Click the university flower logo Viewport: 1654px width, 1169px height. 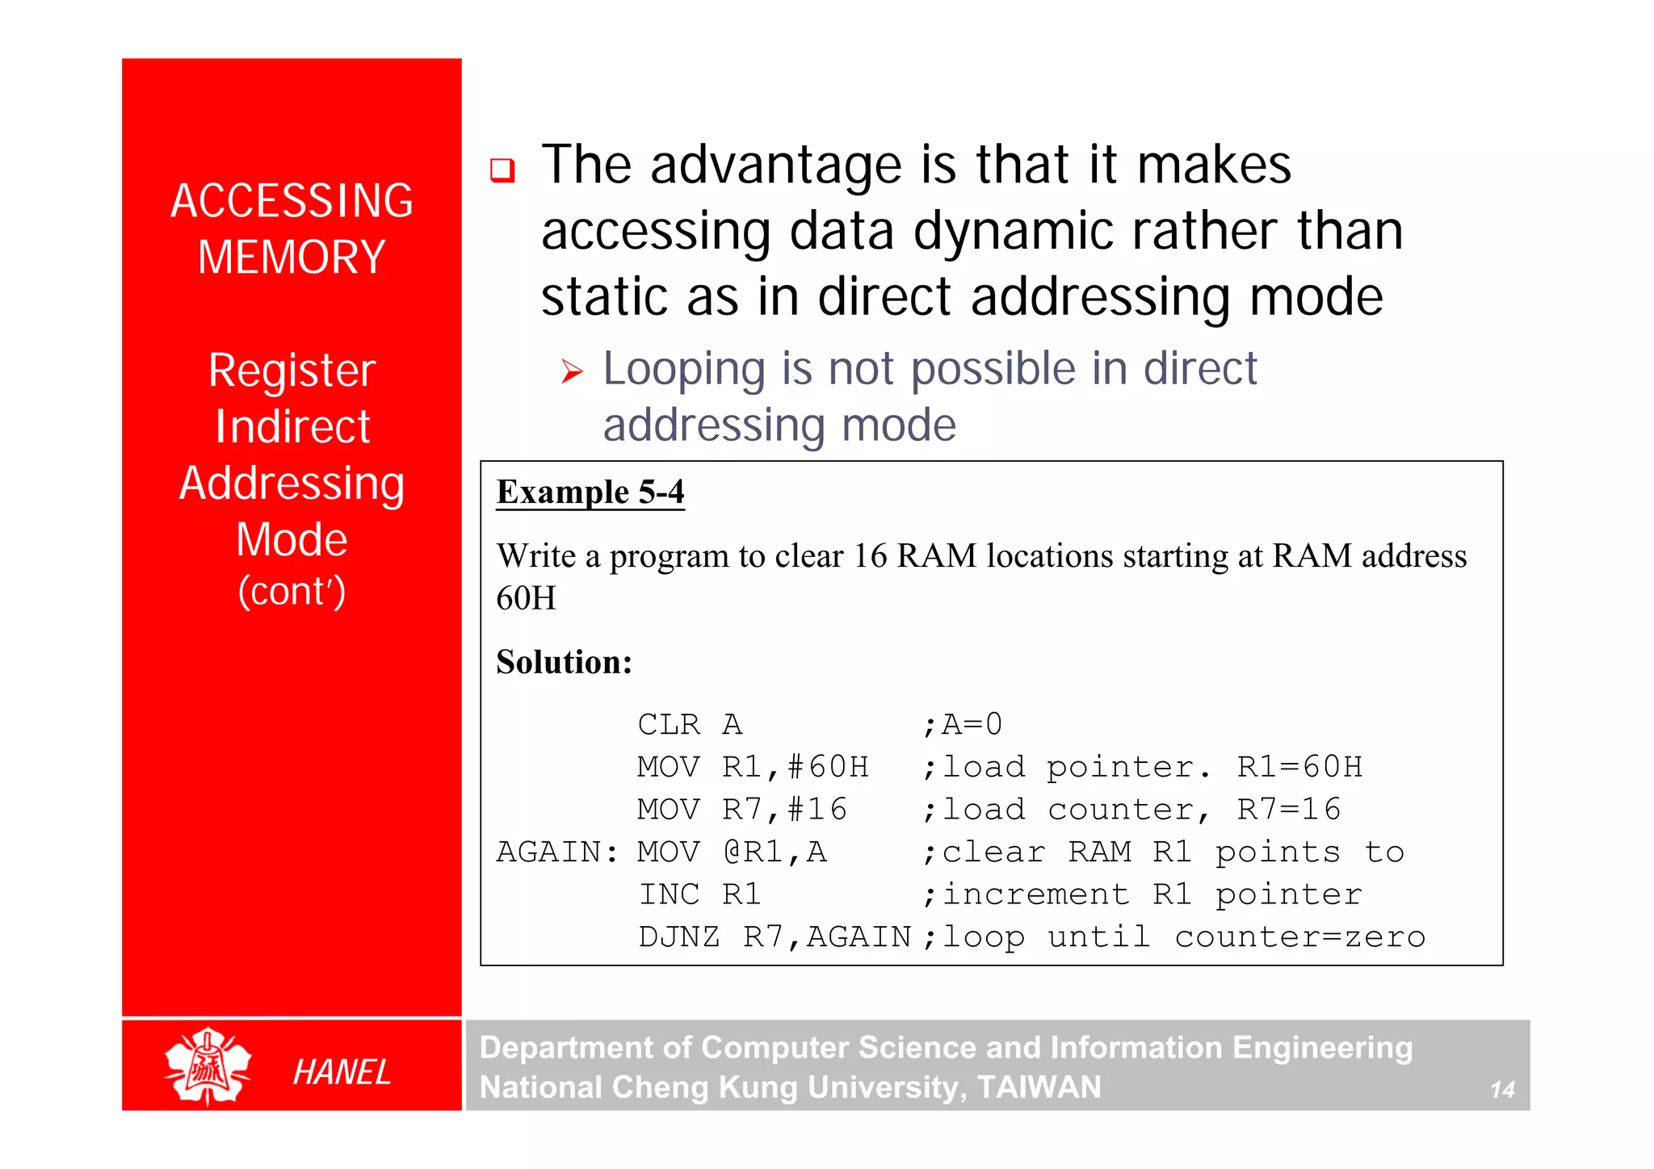208,1066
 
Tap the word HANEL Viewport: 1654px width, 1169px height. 342,1072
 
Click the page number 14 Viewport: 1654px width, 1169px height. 1501,1090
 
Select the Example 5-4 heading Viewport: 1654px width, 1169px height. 590,492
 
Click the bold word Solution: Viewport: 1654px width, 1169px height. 564,662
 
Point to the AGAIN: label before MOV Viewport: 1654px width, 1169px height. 557,852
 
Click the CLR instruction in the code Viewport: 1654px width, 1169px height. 669,724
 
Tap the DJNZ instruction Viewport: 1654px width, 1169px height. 679,936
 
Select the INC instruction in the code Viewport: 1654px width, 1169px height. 669,894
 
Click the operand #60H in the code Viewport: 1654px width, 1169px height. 828,767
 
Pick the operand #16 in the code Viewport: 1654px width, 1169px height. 817,809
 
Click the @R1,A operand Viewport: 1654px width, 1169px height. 775,852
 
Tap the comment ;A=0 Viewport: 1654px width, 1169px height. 962,724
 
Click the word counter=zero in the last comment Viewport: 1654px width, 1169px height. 1300,936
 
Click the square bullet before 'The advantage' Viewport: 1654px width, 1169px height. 502,170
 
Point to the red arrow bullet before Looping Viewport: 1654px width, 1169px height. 572,372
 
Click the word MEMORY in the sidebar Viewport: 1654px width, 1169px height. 292,258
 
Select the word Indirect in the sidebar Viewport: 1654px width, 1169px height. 292,426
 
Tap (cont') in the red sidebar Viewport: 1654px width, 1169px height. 292,591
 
